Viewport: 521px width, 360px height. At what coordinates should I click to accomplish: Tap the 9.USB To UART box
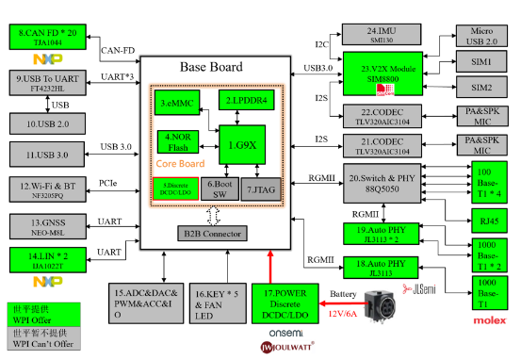point(48,83)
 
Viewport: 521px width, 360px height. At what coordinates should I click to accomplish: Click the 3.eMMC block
point(176,102)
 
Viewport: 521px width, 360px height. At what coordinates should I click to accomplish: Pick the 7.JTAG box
point(267,188)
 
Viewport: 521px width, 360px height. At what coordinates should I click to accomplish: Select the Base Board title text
point(211,67)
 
